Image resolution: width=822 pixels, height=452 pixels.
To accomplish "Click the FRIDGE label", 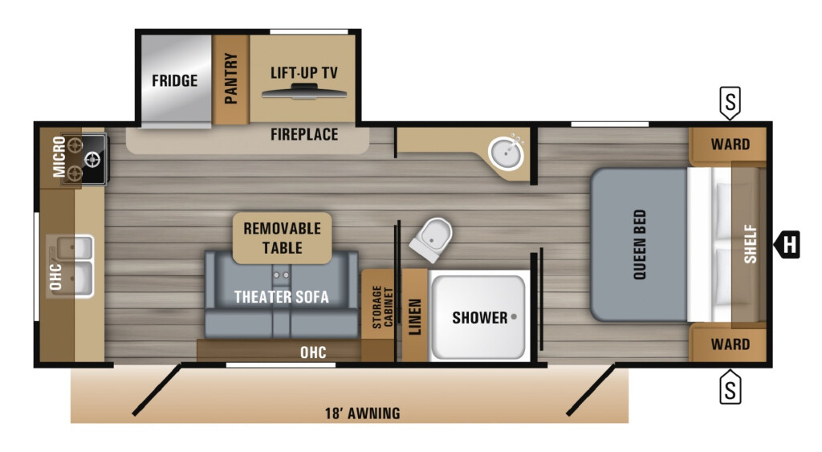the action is (174, 81).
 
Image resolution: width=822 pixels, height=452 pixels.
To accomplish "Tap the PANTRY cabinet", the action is (230, 79).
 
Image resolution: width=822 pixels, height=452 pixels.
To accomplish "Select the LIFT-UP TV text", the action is (304, 73).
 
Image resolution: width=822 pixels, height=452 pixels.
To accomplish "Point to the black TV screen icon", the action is (304, 93).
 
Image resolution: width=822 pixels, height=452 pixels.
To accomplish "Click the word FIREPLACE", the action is (304, 135).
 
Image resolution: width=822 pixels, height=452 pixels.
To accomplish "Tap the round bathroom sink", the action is (506, 153).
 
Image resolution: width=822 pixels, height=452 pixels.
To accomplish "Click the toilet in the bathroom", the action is (431, 239).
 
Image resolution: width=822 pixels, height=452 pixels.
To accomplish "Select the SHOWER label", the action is (480, 318).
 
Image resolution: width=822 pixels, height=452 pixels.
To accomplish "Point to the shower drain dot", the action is (514, 316).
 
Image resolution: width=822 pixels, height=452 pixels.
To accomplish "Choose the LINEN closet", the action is (415, 316).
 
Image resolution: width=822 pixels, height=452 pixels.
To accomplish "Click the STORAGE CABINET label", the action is (383, 307).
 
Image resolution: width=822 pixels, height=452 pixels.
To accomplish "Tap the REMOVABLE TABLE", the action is (282, 238).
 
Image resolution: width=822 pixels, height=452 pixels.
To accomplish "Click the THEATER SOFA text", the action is (282, 297).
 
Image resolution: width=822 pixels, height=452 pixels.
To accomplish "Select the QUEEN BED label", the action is (640, 244).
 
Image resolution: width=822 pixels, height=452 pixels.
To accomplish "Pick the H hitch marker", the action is (787, 244).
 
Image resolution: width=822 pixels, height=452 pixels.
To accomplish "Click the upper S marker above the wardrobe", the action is (730, 103).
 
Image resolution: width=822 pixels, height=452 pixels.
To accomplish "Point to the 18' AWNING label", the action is (362, 413).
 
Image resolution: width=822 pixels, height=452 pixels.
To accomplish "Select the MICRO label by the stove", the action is (59, 157).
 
